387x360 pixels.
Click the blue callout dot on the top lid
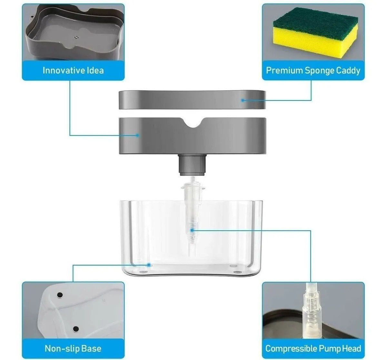pyautogui.click(x=243, y=100)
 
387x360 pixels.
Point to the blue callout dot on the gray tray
pyautogui.click(x=137, y=135)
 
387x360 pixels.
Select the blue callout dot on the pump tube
pyautogui.click(x=192, y=230)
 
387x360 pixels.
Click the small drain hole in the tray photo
pyautogui.click(x=76, y=37)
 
